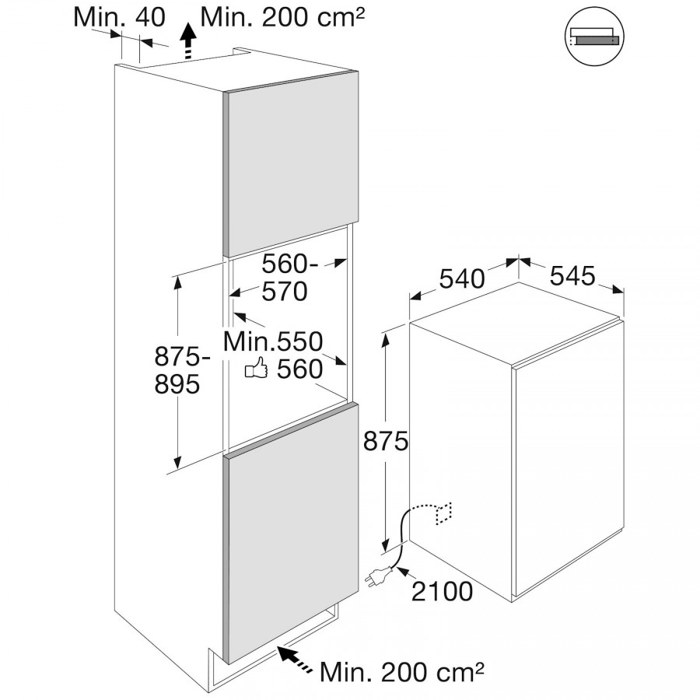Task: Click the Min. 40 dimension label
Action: pos(120,18)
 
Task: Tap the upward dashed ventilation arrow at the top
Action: pos(187,41)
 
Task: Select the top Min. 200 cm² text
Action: pos(283,17)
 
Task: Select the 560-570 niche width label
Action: pos(288,278)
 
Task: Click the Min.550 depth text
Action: pos(272,341)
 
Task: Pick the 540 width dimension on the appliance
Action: pos(461,278)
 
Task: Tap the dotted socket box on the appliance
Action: pos(444,513)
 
